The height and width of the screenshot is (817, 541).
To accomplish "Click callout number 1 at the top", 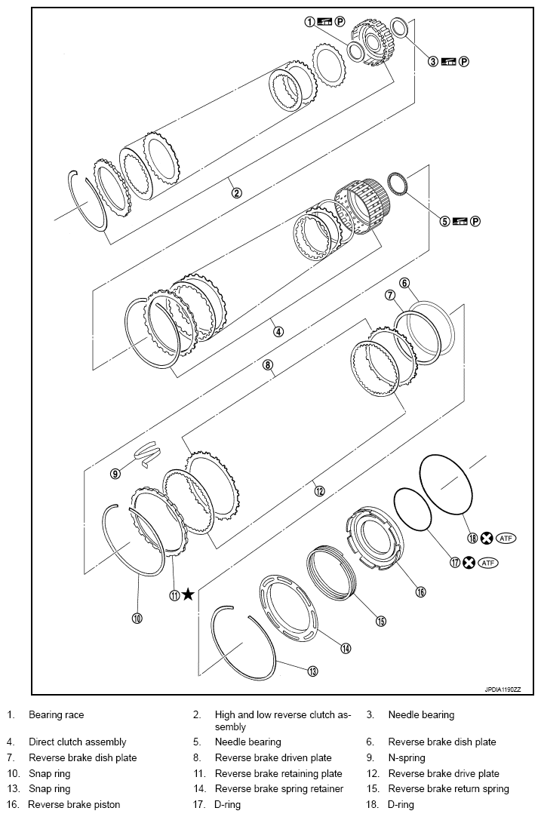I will click(309, 22).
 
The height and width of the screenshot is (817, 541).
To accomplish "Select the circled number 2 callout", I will click(236, 192).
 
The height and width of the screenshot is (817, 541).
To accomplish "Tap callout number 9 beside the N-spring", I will click(115, 475).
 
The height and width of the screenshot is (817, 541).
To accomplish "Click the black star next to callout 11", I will click(188, 595).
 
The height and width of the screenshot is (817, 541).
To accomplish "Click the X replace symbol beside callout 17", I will click(469, 563).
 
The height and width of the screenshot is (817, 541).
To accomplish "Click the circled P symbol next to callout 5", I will click(475, 221).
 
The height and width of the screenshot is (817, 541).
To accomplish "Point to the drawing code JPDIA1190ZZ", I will click(503, 689).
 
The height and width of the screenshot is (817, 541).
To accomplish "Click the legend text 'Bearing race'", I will click(57, 714).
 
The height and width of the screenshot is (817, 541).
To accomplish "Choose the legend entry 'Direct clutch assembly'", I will click(78, 742).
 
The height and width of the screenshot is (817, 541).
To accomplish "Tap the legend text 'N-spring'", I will click(407, 757).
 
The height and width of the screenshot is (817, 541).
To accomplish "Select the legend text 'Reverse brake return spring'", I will click(448, 788).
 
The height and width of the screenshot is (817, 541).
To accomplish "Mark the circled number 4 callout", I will click(278, 331).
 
